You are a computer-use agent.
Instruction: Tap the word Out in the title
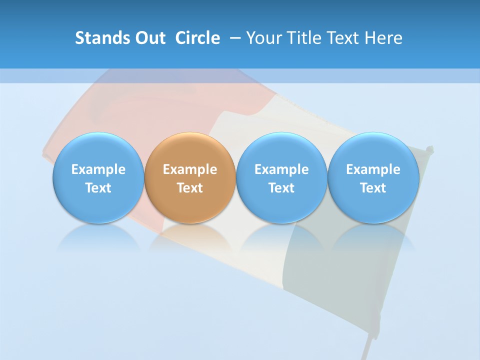click(x=149, y=38)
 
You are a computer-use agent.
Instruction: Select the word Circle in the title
click(x=197, y=38)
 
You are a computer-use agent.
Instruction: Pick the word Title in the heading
click(x=303, y=38)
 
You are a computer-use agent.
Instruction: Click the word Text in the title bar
click(x=342, y=38)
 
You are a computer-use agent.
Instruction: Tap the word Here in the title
click(x=383, y=38)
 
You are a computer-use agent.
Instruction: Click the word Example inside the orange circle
click(x=190, y=169)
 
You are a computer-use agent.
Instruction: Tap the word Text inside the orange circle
click(x=190, y=188)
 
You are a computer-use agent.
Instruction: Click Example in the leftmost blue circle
click(x=98, y=169)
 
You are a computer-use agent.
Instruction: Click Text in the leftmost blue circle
click(x=98, y=188)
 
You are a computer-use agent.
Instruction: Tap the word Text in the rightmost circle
click(x=373, y=188)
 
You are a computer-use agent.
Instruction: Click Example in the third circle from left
click(x=281, y=169)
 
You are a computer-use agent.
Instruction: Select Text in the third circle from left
click(x=281, y=188)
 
